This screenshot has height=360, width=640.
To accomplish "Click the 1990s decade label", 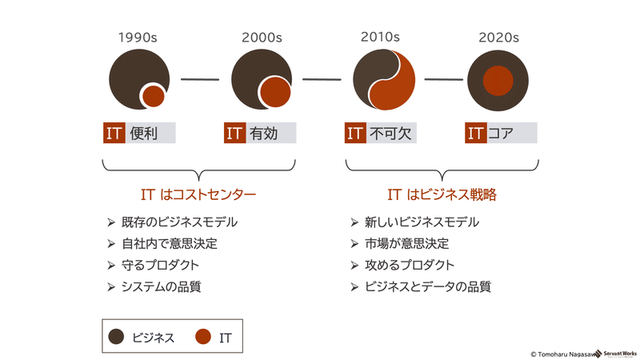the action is (x=138, y=38).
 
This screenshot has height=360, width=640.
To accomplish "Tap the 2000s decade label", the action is (x=262, y=38).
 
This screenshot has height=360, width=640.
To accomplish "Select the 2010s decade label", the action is (x=380, y=37).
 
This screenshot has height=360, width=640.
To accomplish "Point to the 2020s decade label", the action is (x=498, y=38).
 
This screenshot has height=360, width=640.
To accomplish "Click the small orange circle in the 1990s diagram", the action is (x=154, y=96).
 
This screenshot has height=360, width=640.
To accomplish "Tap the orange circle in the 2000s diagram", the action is (x=275, y=92).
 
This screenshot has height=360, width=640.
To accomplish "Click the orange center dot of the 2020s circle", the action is (x=498, y=81).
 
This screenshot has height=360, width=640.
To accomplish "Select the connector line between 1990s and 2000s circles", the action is (x=200, y=79).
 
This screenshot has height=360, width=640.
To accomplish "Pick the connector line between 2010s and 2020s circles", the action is (x=444, y=79).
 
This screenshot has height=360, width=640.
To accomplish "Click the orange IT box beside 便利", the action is (x=114, y=133).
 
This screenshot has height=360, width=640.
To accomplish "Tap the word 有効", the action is (x=264, y=133).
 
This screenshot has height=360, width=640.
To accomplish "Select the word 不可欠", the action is (x=390, y=133).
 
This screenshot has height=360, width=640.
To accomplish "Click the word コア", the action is (x=501, y=133).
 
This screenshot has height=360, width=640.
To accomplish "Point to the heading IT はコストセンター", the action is (x=198, y=194).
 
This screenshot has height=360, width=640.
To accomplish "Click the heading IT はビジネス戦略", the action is (x=442, y=194).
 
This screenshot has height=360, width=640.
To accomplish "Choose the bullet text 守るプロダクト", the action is (x=160, y=266).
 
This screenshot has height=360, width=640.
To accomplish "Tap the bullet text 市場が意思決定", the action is (x=406, y=244).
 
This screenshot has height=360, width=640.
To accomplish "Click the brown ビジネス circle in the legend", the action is (x=116, y=337).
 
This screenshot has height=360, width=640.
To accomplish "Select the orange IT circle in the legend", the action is (x=203, y=337).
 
